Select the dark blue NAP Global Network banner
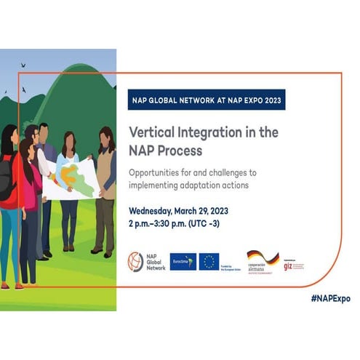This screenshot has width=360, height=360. (x=206, y=100)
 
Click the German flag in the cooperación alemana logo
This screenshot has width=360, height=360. (x=263, y=257)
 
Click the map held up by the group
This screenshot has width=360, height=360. (x=68, y=180)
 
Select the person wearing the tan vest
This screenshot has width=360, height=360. (x=104, y=189)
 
